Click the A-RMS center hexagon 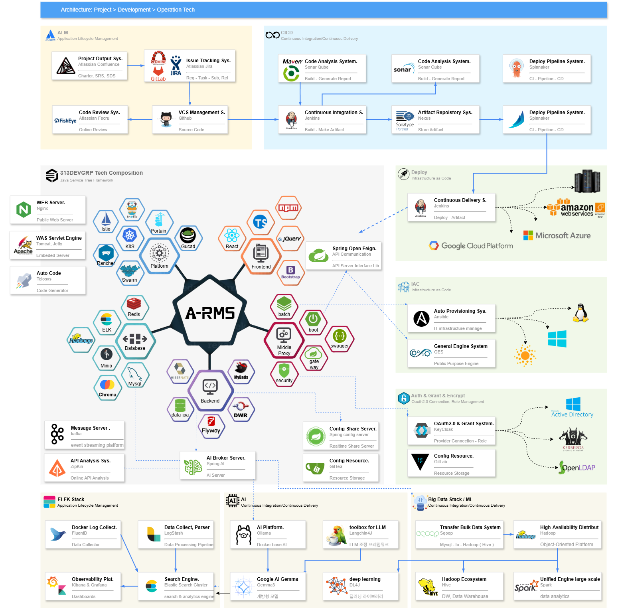pos(210,314)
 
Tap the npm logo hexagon pos(288,208)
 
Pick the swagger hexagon pos(340,339)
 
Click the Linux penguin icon pos(580,313)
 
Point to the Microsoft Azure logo pos(557,235)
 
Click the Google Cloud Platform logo pos(471,246)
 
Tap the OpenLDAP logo pos(577,467)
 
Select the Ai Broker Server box pos(217,465)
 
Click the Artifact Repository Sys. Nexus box pos(435,120)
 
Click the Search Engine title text pos(182,579)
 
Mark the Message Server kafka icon pos(57,434)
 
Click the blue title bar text pos(128,10)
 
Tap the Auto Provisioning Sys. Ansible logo pos(421,318)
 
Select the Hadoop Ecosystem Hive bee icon pos(427,587)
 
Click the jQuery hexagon pos(290,239)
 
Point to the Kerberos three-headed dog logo pos(573,438)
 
